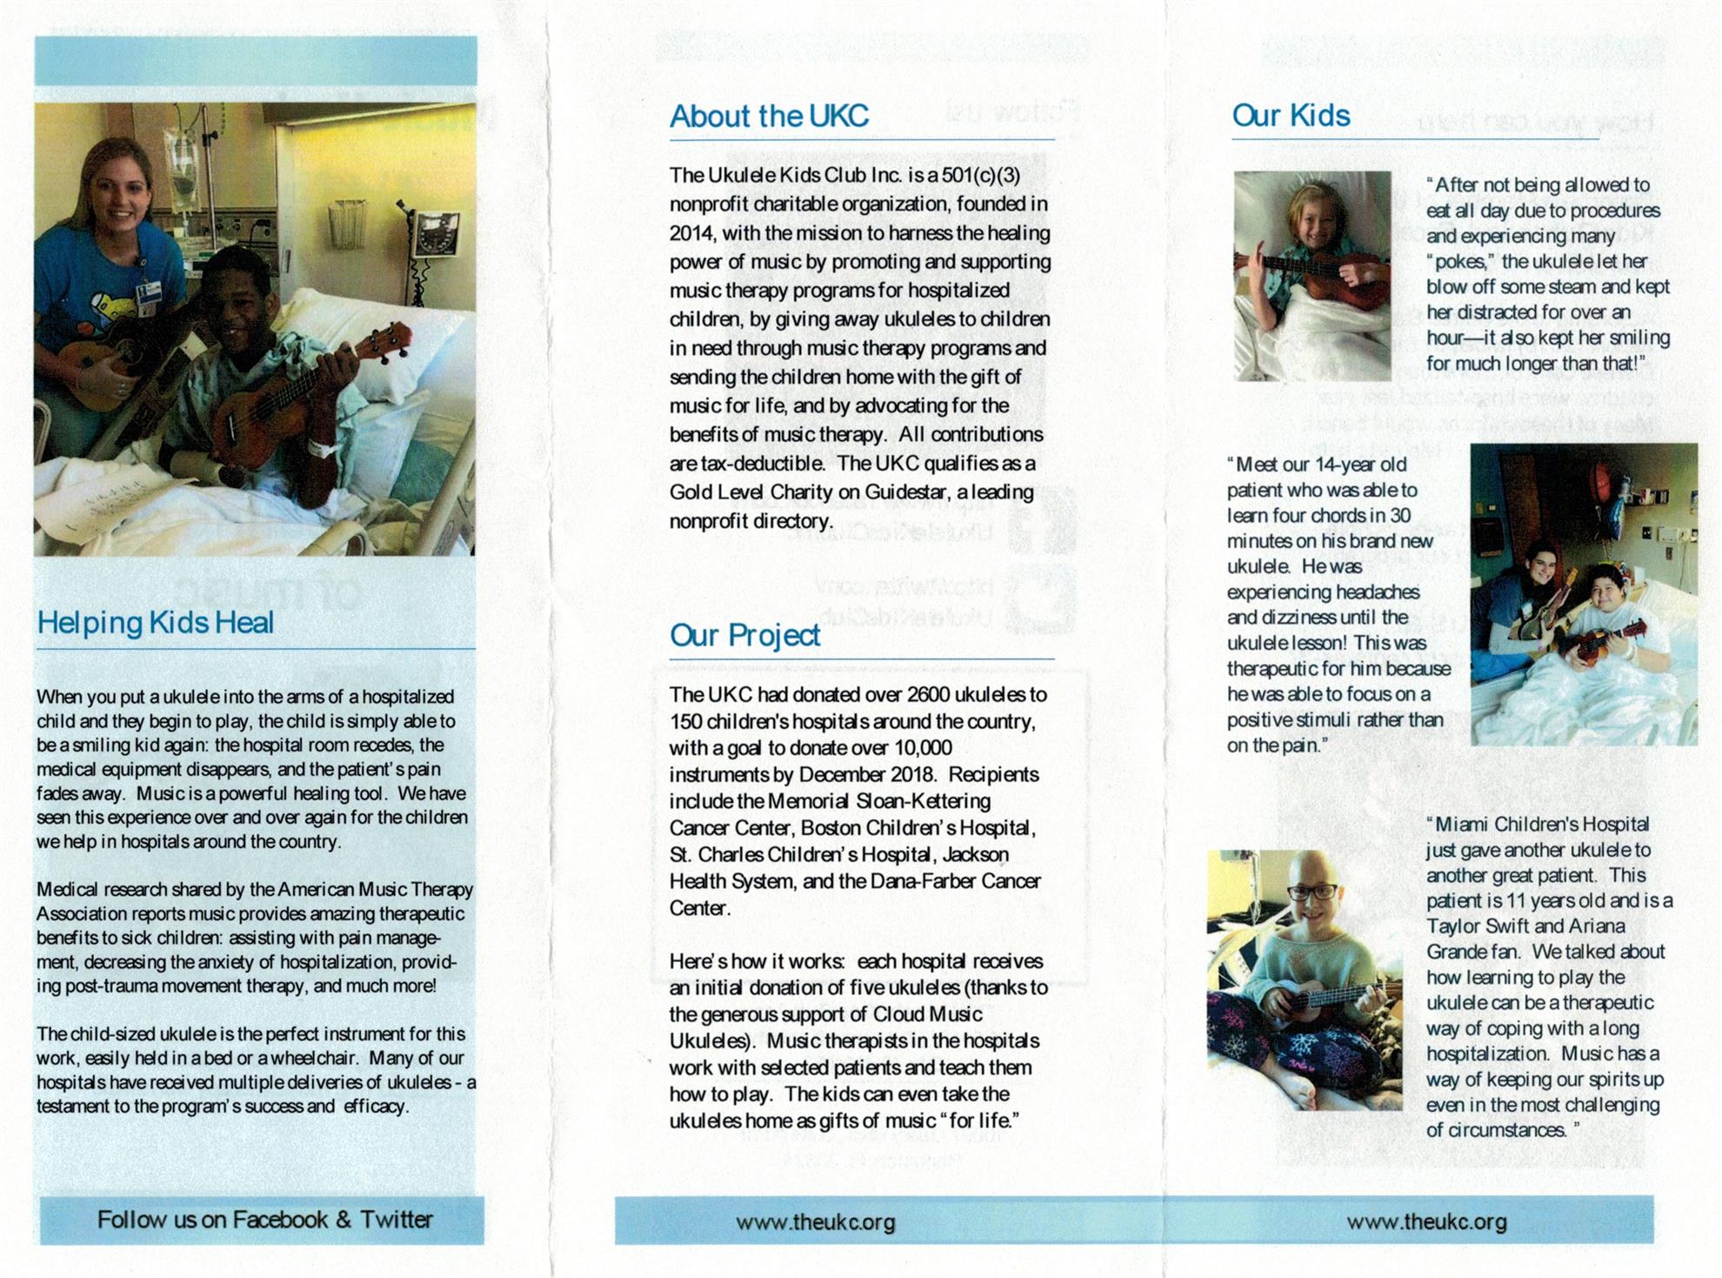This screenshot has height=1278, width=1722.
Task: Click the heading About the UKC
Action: pos(769,117)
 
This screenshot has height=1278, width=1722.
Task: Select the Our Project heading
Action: pos(744,636)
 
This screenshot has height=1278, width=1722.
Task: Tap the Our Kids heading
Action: pos(1291,116)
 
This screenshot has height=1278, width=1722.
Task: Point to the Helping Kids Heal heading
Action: pos(155,623)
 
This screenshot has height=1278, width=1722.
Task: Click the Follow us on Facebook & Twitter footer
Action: pos(264,1220)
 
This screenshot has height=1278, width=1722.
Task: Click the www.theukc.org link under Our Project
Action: pos(815,1222)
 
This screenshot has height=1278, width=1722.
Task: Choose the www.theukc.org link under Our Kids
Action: pos(1426,1222)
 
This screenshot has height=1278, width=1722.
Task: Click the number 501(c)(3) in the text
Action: pos(981,176)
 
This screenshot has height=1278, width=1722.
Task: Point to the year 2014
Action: pos(691,233)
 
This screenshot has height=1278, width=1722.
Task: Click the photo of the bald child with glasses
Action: pos(1304,979)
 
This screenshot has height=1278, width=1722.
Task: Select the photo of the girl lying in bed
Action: pos(1312,276)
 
